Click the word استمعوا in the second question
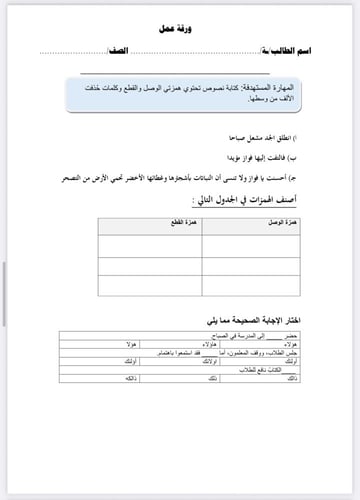[168, 354]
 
